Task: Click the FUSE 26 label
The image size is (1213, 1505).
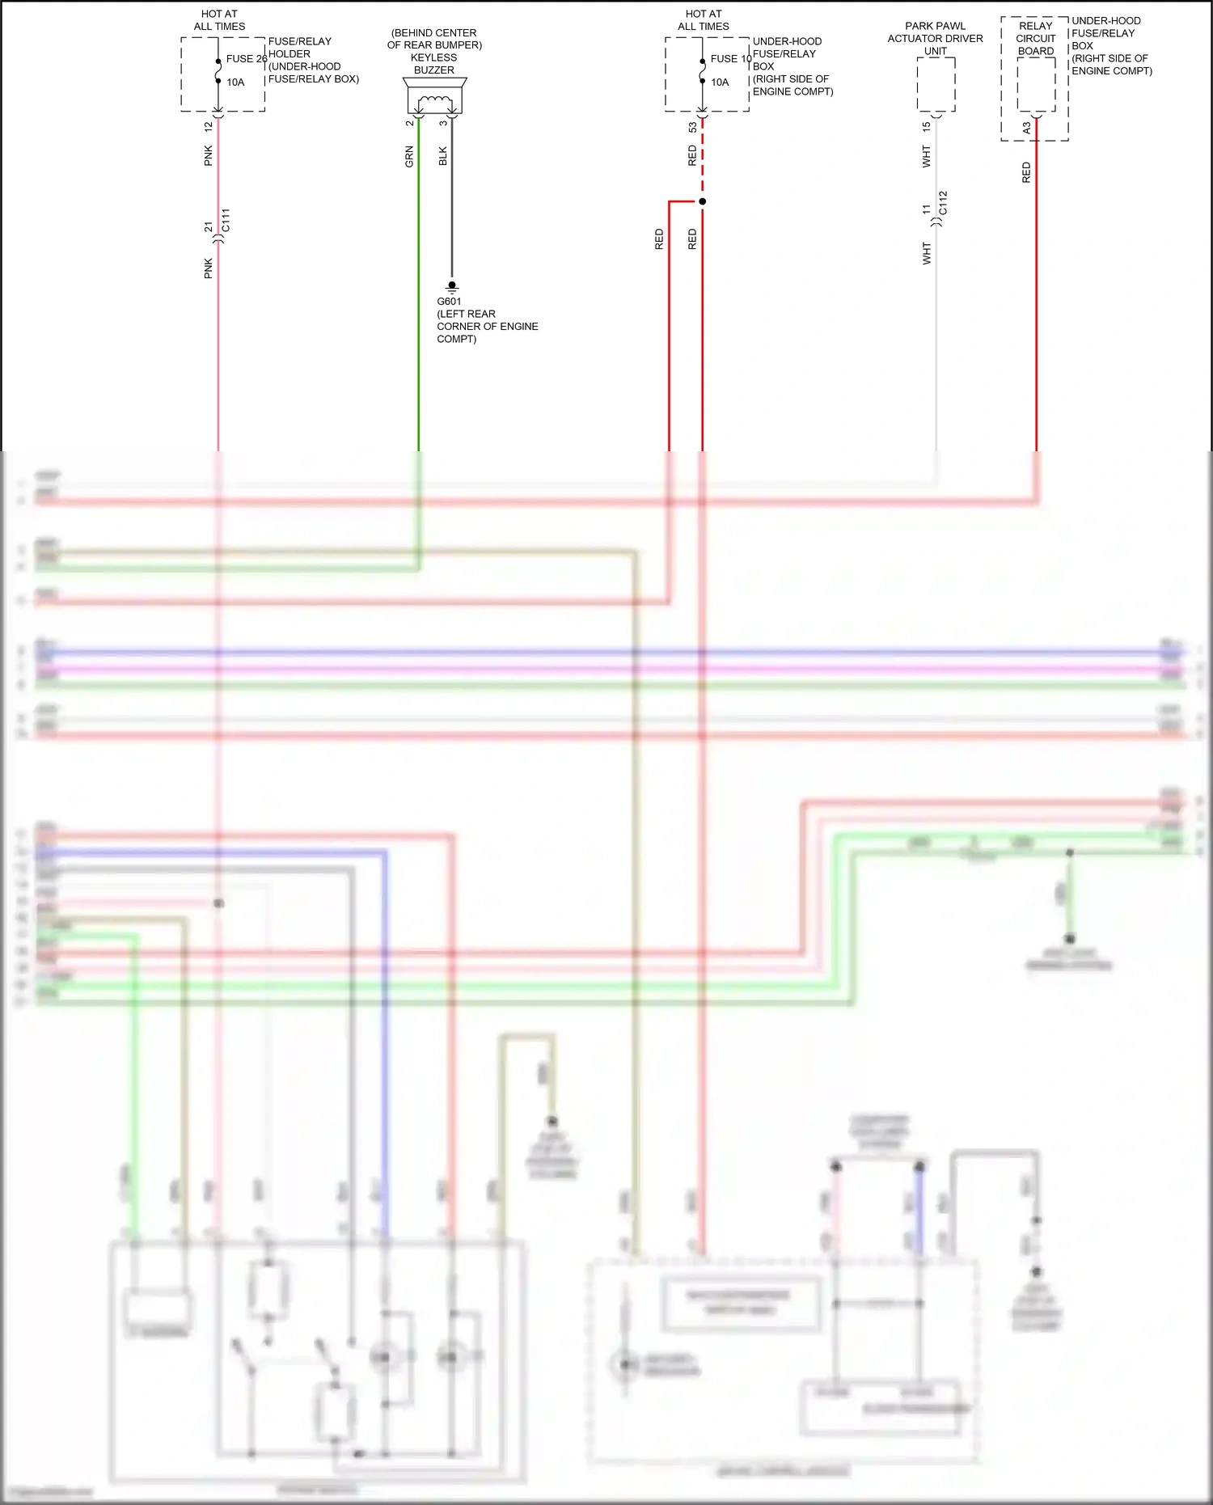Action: coord(246,59)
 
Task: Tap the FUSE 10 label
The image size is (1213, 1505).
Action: coord(730,59)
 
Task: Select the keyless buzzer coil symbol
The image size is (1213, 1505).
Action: coord(435,103)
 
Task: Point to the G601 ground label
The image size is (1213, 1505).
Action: coord(449,302)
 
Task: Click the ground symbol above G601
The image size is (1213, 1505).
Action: coord(452,286)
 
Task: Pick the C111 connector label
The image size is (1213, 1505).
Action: coord(226,220)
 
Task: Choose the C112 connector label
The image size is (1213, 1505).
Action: coord(943,203)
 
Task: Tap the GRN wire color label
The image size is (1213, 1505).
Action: coord(409,157)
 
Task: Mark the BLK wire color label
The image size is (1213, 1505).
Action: coord(442,156)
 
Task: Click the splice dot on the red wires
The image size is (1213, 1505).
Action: coord(702,201)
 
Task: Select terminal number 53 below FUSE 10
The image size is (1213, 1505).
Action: coord(692,128)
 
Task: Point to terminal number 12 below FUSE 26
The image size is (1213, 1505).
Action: coord(209,127)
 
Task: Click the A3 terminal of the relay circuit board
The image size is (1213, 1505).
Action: coord(1026,128)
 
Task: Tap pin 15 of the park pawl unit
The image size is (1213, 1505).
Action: coord(926,127)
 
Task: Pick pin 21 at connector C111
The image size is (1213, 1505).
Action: coord(209,227)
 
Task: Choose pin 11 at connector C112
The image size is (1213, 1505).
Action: coord(926,209)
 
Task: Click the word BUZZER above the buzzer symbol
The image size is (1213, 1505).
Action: coord(434,70)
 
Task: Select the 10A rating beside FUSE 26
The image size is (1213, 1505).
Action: coord(235,82)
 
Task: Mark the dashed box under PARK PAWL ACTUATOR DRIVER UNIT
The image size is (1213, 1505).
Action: coord(936,84)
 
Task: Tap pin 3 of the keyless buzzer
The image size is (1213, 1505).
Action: coord(443,123)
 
